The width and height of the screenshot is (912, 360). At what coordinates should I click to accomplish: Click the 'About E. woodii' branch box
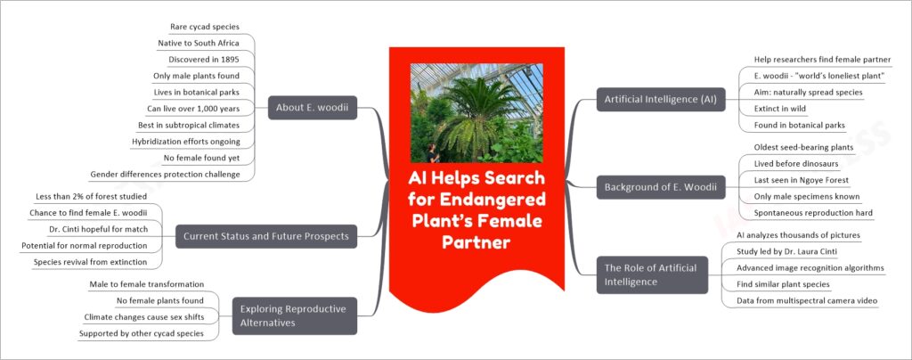313,108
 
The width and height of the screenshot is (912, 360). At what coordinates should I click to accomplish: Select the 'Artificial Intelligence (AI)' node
661,100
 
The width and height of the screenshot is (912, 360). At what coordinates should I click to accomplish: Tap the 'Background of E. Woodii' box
661,187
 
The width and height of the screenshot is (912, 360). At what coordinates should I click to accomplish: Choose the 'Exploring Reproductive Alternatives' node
294,315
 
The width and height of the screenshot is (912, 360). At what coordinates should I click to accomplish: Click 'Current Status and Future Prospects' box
266,236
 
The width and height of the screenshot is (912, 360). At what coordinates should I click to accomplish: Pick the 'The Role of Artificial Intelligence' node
652,275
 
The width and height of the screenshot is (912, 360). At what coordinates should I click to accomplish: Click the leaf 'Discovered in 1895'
204,60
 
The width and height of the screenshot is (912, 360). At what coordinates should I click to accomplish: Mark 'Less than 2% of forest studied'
91,197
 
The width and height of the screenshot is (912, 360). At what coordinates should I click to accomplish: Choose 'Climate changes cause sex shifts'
143,317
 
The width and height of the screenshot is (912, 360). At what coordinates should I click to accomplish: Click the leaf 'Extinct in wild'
777,108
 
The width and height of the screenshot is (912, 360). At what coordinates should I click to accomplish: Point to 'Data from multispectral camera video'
807,300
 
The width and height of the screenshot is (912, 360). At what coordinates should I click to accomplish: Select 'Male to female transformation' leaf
147,284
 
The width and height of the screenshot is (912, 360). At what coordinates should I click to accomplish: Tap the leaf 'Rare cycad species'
205,27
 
